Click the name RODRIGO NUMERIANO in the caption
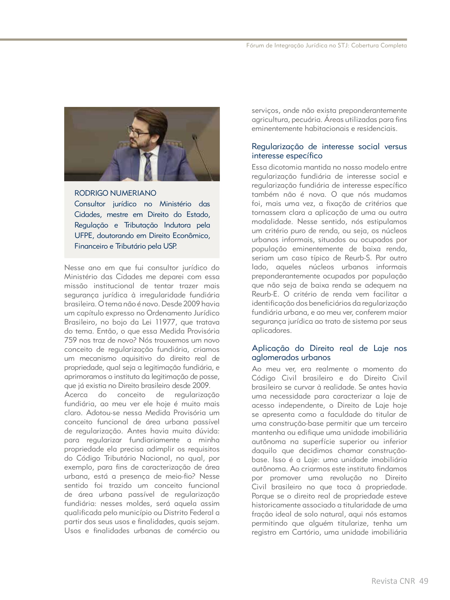[115, 193]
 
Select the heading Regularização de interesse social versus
[329, 146]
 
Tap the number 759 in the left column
[70, 340]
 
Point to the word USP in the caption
[170, 246]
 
